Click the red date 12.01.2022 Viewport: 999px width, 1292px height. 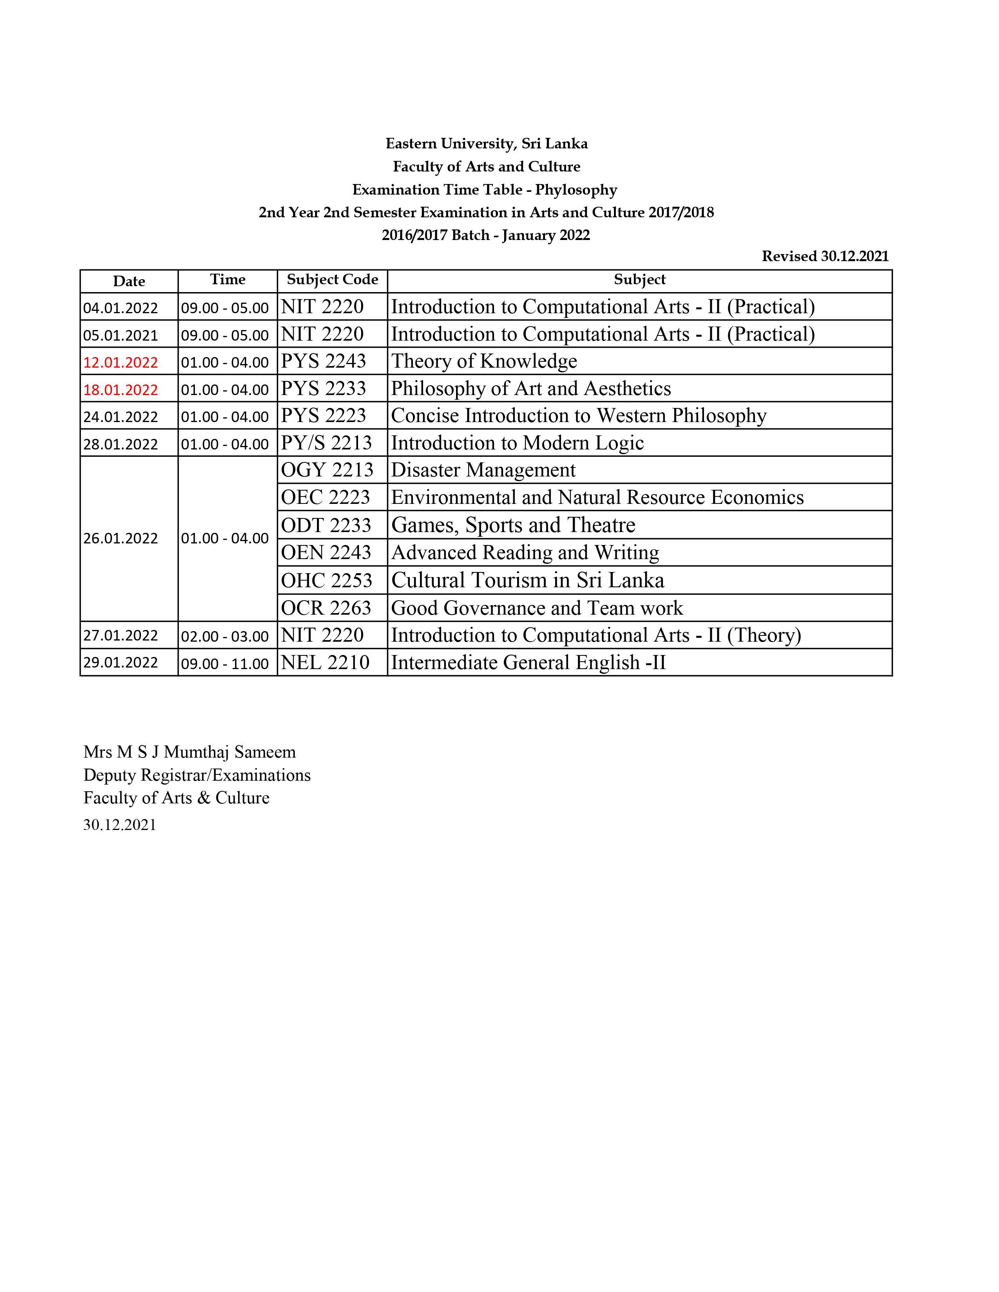point(121,362)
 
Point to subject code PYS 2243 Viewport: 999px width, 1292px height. point(323,361)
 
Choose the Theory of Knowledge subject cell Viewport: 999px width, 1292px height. point(484,361)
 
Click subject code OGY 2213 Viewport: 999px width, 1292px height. point(327,470)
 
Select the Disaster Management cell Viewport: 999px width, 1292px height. point(483,470)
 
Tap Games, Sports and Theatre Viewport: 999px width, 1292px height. point(513,525)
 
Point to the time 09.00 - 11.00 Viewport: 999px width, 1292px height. point(225,664)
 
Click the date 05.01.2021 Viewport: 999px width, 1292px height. point(121,336)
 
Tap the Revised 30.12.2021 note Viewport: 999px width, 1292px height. point(825,256)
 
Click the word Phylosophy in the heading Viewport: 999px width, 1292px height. point(576,190)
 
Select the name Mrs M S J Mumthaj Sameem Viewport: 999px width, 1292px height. point(189,752)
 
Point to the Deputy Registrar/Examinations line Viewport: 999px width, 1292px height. point(197,775)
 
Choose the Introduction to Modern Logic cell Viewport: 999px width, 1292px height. point(517,442)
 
